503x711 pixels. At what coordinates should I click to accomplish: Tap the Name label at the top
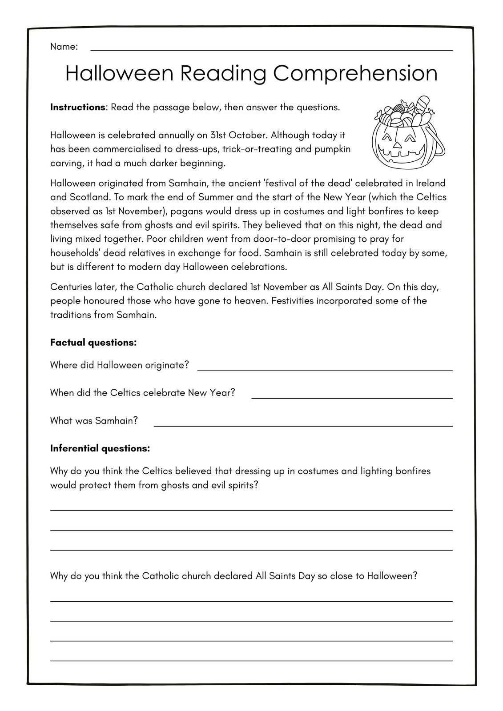(64, 47)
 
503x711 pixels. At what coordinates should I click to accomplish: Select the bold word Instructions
(77, 108)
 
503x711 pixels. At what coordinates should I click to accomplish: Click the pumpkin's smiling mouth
(400, 156)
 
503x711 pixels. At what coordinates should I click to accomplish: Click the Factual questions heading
(93, 343)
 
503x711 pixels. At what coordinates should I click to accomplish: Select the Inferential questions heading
(100, 448)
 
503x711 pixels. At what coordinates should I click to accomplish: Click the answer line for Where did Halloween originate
(325, 370)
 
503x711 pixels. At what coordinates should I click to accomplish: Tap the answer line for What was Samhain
(302, 425)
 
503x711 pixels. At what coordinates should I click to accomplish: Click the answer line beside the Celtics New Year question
(351, 398)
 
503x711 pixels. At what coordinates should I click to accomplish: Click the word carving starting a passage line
(65, 164)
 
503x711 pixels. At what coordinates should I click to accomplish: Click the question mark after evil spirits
(256, 485)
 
